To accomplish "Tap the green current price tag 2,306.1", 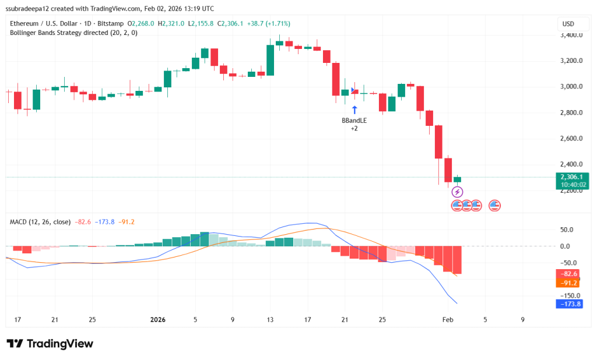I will point(573,177).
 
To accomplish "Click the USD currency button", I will point(568,24).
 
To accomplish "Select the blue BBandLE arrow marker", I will point(354,110).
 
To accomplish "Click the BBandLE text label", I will point(354,121).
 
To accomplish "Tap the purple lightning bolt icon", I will point(457,192).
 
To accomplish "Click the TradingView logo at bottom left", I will point(50,344).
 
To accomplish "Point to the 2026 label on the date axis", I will point(158,319).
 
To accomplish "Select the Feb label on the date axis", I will point(448,319).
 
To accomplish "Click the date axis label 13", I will point(270,319).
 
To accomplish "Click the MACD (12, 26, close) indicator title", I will point(40,222).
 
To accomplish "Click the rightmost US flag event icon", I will point(495,205).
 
